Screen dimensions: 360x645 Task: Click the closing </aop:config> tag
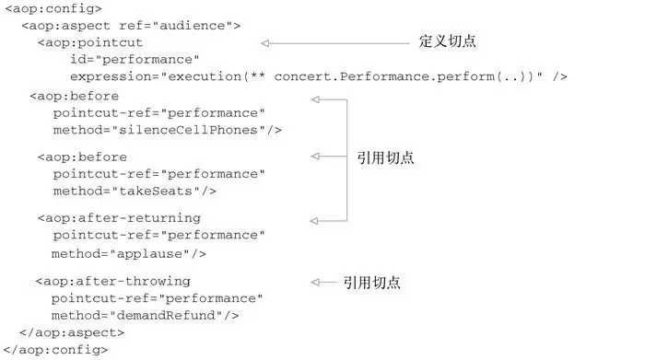(57, 349)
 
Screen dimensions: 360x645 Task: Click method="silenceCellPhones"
(167, 130)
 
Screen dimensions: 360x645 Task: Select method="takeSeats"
(135, 191)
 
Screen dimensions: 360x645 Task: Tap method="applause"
(129, 252)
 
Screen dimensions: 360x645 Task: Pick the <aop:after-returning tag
(119, 217)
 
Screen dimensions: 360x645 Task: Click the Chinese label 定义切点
(448, 42)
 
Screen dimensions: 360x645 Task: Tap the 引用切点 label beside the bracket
(384, 158)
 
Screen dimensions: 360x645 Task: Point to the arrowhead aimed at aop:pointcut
(265, 43)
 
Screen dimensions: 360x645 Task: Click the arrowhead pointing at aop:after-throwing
(317, 282)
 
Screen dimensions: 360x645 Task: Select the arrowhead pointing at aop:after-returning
(315, 219)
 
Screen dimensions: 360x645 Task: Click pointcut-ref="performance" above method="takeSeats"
(158, 173)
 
